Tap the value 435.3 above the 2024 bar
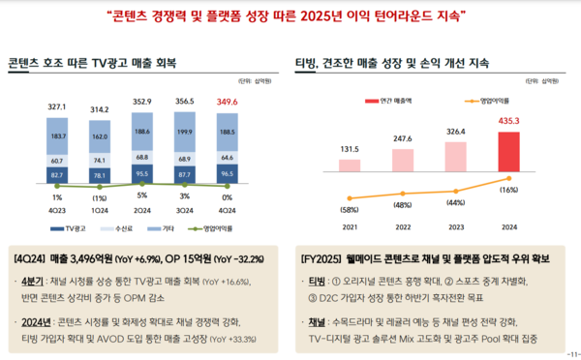pos(509,121)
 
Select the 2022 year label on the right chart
pos(404,227)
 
